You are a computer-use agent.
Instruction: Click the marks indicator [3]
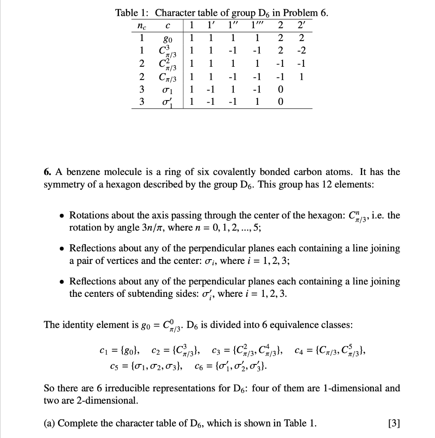point(393,423)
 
